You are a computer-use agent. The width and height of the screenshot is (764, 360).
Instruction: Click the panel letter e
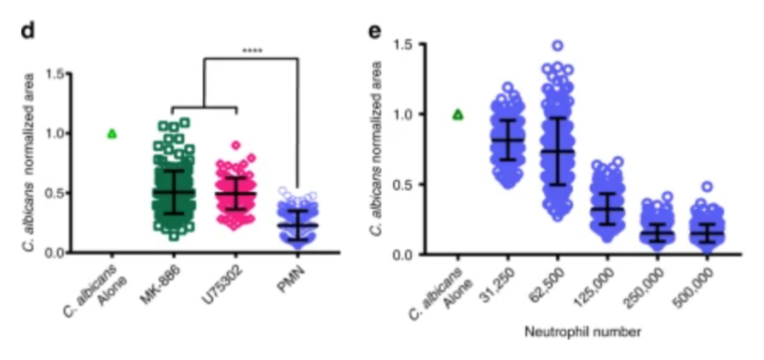[x=375, y=30]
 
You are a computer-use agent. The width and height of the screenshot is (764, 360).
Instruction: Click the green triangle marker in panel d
[x=111, y=133]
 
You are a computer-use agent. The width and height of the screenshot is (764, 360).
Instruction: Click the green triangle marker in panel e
[x=458, y=114]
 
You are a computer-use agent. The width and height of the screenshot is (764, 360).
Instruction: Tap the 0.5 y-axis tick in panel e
[x=405, y=184]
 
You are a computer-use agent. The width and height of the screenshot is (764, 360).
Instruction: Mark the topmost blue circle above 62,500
[x=558, y=46]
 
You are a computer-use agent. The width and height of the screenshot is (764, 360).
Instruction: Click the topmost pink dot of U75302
[x=237, y=145]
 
